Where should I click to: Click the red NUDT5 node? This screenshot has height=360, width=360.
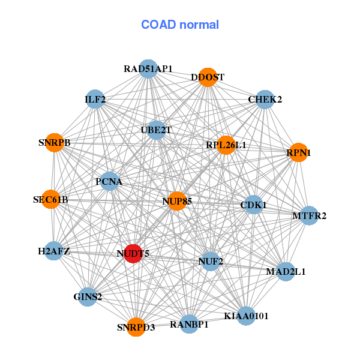(133, 253)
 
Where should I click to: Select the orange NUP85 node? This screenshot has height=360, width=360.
(177, 201)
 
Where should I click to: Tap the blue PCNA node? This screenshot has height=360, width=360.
(110, 181)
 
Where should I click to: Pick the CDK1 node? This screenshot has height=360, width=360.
(253, 205)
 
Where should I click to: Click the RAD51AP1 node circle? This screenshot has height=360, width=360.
(148, 69)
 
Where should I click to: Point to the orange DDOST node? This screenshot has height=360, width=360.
(208, 77)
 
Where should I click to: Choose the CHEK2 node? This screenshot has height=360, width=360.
(265, 100)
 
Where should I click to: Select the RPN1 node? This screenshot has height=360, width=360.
(298, 152)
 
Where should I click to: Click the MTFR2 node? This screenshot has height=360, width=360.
(309, 215)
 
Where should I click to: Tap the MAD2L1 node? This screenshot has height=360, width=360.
(286, 272)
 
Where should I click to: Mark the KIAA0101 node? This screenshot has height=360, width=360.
(246, 316)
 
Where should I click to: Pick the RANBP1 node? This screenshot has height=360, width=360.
(189, 324)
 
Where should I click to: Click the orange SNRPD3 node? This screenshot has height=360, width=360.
(136, 327)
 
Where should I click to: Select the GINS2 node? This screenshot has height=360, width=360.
(88, 297)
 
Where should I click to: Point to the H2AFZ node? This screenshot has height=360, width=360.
(54, 251)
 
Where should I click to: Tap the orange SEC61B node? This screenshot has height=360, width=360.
(51, 199)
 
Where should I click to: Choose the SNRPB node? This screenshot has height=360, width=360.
(55, 143)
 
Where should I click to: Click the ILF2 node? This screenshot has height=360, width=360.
(95, 99)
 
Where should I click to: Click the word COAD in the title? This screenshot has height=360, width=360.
(158, 25)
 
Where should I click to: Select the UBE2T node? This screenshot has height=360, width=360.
(157, 130)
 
